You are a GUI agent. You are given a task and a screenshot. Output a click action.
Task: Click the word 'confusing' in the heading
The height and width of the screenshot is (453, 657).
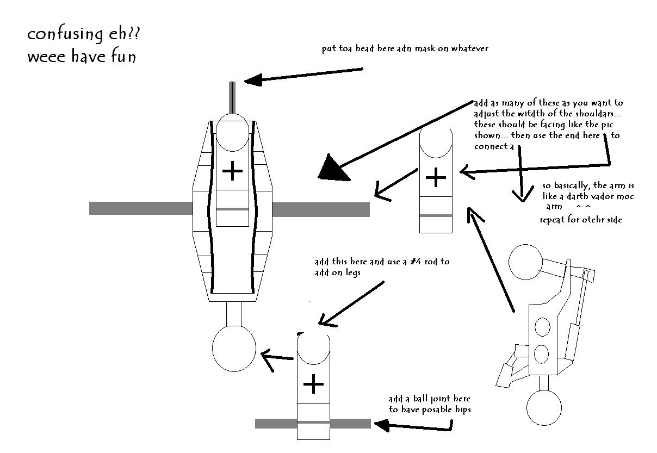tap(65, 35)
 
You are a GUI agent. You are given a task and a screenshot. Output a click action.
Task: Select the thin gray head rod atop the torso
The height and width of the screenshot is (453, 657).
tap(232, 98)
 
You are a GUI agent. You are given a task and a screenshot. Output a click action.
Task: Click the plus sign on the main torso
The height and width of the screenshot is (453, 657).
tap(232, 171)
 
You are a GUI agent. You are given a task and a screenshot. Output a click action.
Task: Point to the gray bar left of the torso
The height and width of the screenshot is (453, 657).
tap(141, 208)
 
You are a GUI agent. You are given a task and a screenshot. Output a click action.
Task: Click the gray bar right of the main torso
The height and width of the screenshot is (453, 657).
tap(321, 209)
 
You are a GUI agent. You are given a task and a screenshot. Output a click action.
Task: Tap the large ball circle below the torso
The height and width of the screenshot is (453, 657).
tap(234, 349)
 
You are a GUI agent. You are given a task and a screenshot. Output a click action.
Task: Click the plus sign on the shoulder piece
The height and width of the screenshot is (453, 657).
tap(436, 177)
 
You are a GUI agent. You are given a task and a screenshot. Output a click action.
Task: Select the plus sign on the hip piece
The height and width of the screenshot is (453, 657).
tap(313, 384)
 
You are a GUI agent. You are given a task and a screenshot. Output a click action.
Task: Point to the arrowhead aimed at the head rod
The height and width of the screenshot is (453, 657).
tap(253, 80)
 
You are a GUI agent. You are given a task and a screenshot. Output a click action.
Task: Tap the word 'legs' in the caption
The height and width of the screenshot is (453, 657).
tap(353, 273)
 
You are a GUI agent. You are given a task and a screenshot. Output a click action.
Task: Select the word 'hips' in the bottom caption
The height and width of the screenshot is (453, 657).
tap(463, 410)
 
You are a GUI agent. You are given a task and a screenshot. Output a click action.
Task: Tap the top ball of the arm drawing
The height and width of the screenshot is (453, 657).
tap(525, 262)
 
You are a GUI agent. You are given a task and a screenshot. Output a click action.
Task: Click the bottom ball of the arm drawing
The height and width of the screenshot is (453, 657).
tap(544, 407)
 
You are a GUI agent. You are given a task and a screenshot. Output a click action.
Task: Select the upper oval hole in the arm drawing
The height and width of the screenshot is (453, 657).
tap(543, 327)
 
